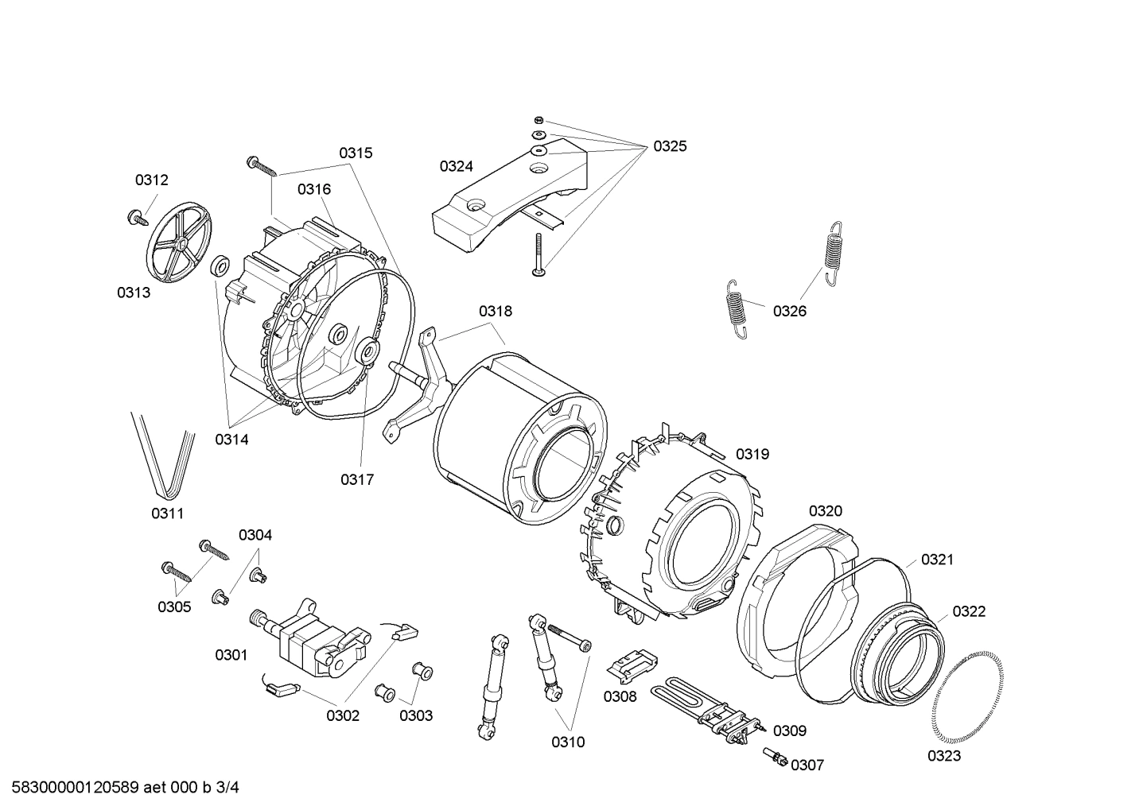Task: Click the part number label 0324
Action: [456, 166]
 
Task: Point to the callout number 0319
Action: [752, 454]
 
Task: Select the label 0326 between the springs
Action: [789, 311]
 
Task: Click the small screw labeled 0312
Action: [138, 216]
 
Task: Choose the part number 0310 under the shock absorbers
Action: [568, 742]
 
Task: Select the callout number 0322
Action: [968, 611]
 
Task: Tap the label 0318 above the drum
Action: [495, 312]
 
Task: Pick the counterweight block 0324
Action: [509, 191]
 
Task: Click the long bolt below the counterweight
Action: [539, 254]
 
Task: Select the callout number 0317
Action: [357, 479]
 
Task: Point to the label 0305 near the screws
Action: [174, 607]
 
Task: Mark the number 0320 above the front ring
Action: [825, 510]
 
